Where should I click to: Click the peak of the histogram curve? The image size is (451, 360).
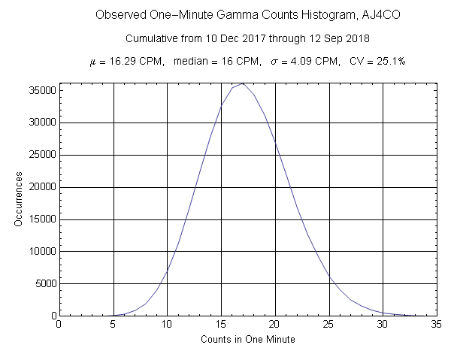[243, 83]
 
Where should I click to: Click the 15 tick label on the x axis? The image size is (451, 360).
[221, 325]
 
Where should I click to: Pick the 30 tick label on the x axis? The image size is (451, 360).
[383, 325]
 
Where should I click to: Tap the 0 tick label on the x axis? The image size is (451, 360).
[59, 325]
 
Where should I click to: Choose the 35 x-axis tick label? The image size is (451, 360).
[437, 325]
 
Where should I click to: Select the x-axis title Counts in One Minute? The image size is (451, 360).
[248, 340]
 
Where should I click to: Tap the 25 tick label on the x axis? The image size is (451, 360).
[329, 325]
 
